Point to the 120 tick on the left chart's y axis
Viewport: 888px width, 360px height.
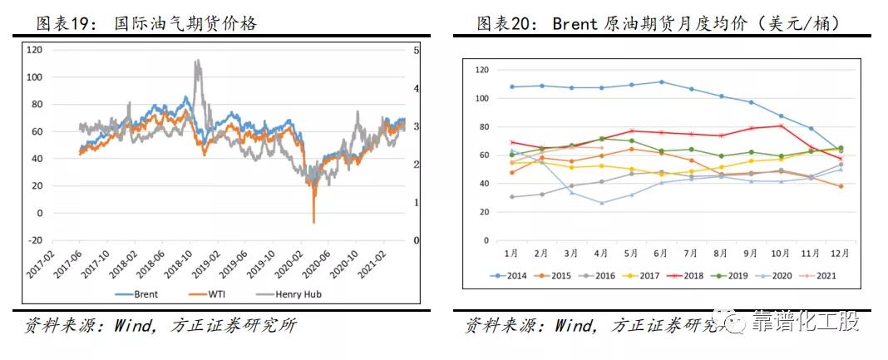pyautogui.click(x=34, y=50)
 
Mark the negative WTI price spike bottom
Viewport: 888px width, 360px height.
pyautogui.click(x=313, y=222)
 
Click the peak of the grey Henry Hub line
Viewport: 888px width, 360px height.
pyautogui.click(x=196, y=61)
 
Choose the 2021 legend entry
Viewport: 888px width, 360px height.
pyautogui.click(x=821, y=275)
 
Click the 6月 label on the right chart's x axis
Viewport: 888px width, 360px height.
pyautogui.click(x=662, y=251)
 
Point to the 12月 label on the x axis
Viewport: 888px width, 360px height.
pyautogui.click(x=840, y=251)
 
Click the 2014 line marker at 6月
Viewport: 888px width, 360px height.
pyautogui.click(x=662, y=81)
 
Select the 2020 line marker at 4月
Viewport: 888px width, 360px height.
pyautogui.click(x=602, y=203)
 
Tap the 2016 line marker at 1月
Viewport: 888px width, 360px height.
pyautogui.click(x=512, y=197)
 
